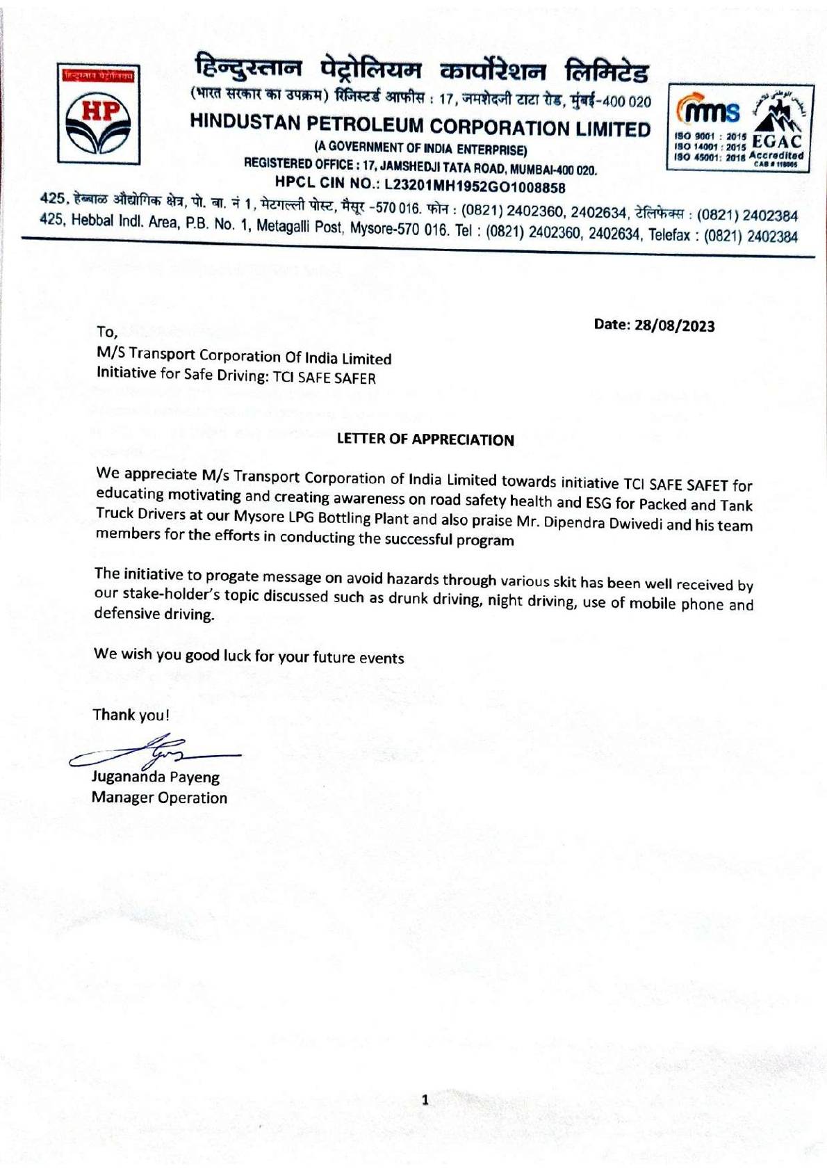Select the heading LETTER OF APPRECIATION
point(425,439)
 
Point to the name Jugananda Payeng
point(156,777)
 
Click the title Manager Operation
point(159,798)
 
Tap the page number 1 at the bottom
point(425,1099)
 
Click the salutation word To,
point(108,332)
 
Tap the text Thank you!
point(131,715)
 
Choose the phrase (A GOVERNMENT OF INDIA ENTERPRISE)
point(420,148)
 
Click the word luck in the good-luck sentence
point(236,655)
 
